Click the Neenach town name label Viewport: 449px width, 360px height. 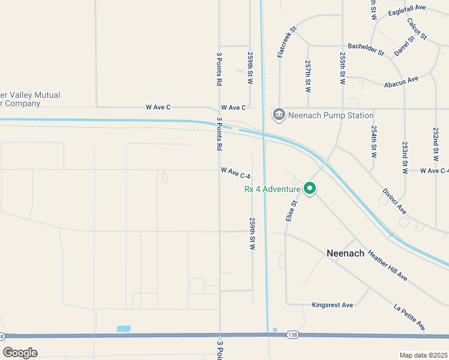point(345,253)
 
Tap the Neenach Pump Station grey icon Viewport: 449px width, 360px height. point(279,115)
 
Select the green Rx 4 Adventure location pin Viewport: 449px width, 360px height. point(310,189)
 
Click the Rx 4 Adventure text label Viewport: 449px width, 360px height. point(271,189)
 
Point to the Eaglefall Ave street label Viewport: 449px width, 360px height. point(406,10)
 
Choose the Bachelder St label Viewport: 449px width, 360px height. point(366,49)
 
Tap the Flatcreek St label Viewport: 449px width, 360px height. point(287,41)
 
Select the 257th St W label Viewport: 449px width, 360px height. point(308,75)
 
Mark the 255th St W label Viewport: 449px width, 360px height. point(342,67)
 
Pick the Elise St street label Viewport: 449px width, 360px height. point(292,211)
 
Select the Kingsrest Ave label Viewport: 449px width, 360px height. point(332,305)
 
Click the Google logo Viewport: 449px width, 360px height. point(20,353)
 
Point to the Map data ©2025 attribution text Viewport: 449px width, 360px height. point(423,355)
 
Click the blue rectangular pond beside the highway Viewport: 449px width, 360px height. point(124,329)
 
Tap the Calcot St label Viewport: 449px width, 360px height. point(416,29)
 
